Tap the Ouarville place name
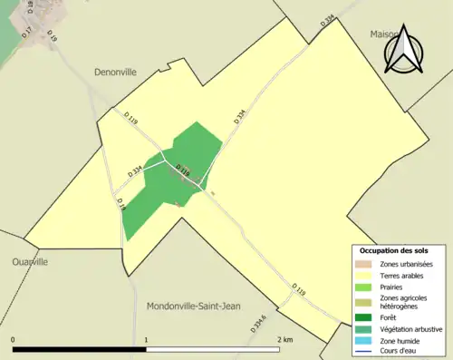click(x=30, y=261)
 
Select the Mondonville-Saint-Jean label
click(x=195, y=306)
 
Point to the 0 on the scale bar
click(x=14, y=339)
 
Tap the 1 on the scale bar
click(x=147, y=339)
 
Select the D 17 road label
click(x=28, y=34)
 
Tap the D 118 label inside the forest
click(x=182, y=170)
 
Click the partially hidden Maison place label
click(x=383, y=34)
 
